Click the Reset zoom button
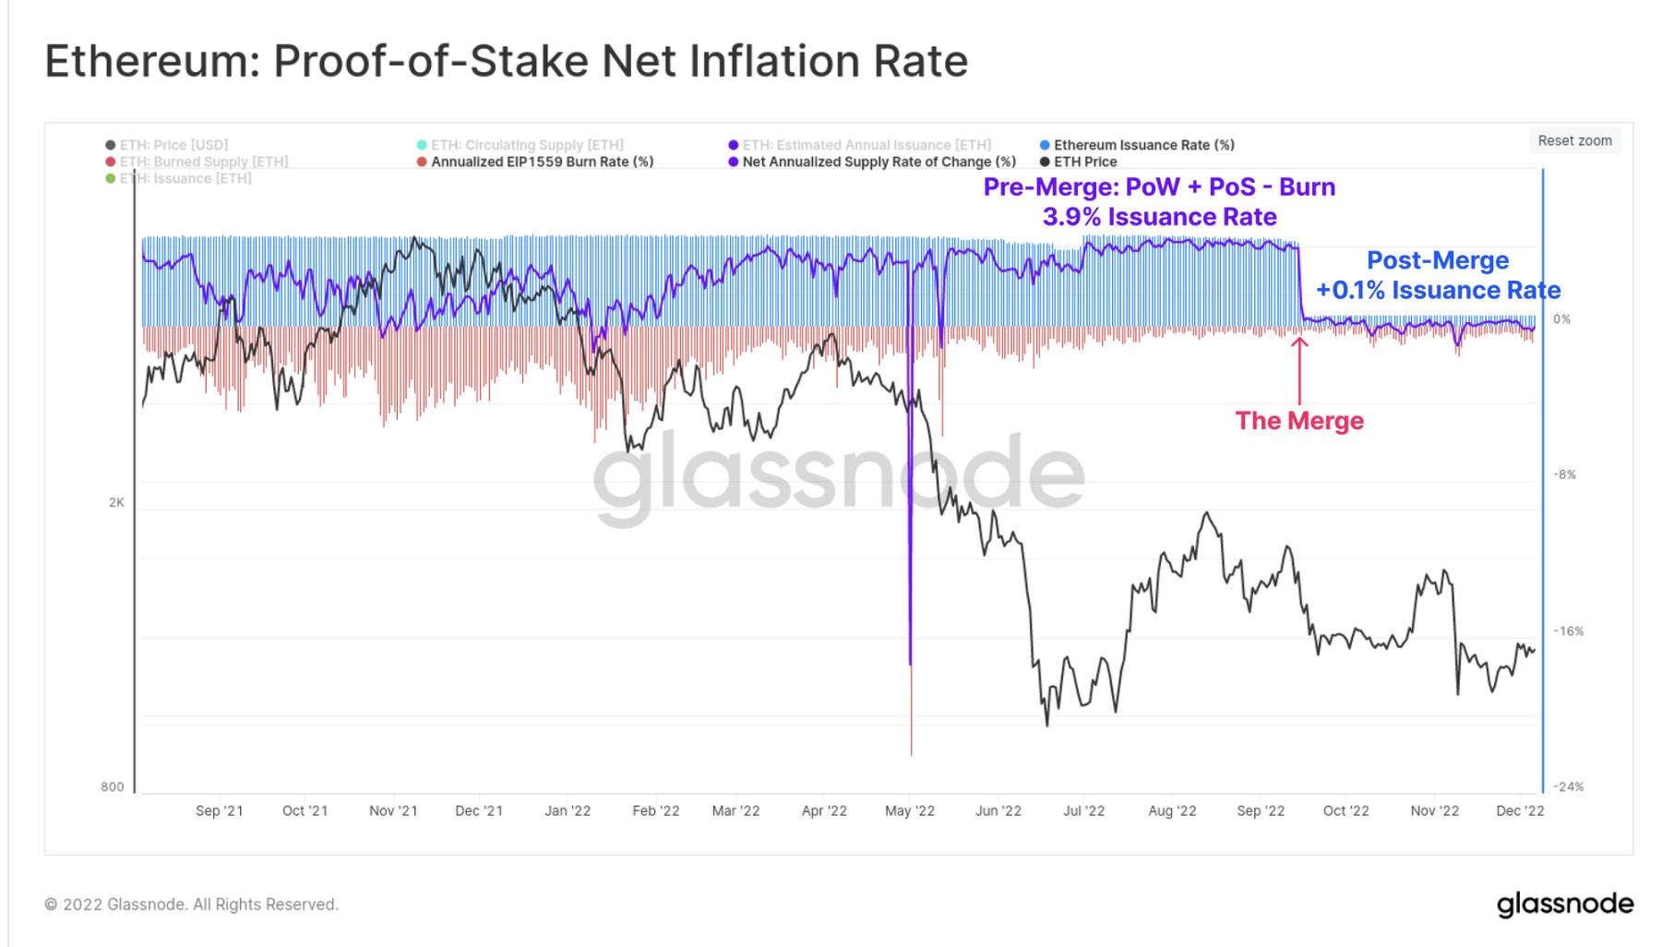pos(1574,140)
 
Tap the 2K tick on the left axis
pos(116,502)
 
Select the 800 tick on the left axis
pos(112,786)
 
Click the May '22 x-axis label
pos(909,810)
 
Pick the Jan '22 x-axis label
pos(568,810)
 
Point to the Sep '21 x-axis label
pos(219,810)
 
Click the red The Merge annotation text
pos(1299,421)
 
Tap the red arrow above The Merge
pos(1299,369)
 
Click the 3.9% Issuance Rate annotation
pos(1159,217)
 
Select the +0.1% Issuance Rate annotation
pos(1438,290)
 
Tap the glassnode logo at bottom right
pos(1564,904)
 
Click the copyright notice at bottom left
pos(192,905)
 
